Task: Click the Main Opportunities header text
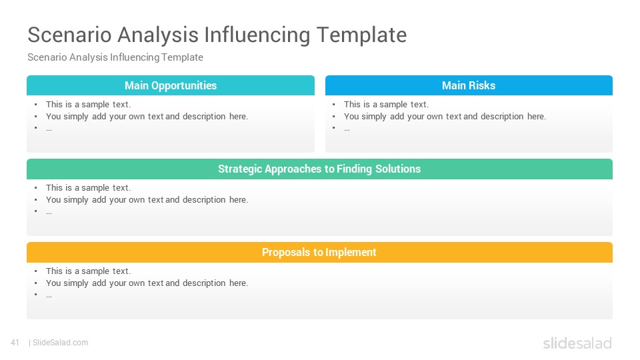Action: (x=171, y=86)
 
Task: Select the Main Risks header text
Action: (x=469, y=86)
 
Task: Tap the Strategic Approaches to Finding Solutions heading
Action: (x=319, y=169)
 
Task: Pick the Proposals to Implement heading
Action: (x=319, y=252)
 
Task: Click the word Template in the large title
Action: (x=361, y=35)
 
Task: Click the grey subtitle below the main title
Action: (x=115, y=57)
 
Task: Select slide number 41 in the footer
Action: (x=15, y=343)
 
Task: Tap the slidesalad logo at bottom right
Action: (x=577, y=343)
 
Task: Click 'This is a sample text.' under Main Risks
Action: (x=386, y=105)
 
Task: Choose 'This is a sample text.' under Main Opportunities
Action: (x=88, y=105)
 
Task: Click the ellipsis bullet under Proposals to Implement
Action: (x=49, y=296)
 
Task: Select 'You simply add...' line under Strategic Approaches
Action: (x=147, y=200)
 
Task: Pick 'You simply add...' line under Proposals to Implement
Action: (x=147, y=283)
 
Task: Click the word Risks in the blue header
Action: (x=482, y=86)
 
